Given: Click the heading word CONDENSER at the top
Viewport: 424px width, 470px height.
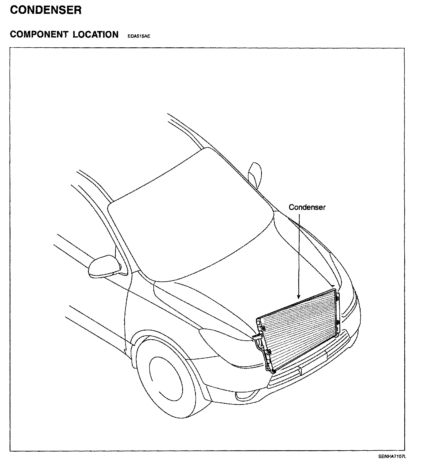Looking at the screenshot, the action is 46,10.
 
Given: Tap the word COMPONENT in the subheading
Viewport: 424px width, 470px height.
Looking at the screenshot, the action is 39,34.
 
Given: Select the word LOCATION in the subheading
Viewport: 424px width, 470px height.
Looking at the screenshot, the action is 96,34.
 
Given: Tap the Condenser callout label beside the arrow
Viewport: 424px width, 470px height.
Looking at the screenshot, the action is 307,207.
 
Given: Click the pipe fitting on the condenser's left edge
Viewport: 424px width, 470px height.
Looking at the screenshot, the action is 257,338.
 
